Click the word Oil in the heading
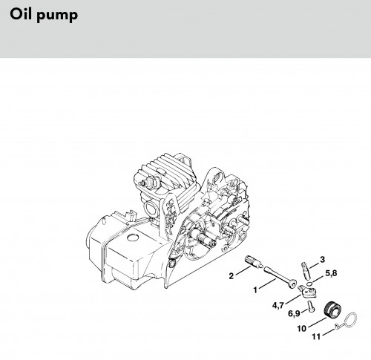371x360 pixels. click(21, 14)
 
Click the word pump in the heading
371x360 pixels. click(57, 16)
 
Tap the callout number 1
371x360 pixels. click(255, 289)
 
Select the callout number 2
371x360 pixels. click(231, 276)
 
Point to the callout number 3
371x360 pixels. click(322, 260)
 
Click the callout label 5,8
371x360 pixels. click(331, 273)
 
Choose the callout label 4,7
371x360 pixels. click(278, 305)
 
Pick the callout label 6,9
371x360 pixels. click(294, 313)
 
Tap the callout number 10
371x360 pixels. click(302, 329)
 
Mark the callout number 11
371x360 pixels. click(316, 337)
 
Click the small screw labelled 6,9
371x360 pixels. click(312, 307)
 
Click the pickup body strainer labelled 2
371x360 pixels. click(253, 262)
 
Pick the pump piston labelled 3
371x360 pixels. click(306, 271)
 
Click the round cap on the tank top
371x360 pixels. click(134, 238)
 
